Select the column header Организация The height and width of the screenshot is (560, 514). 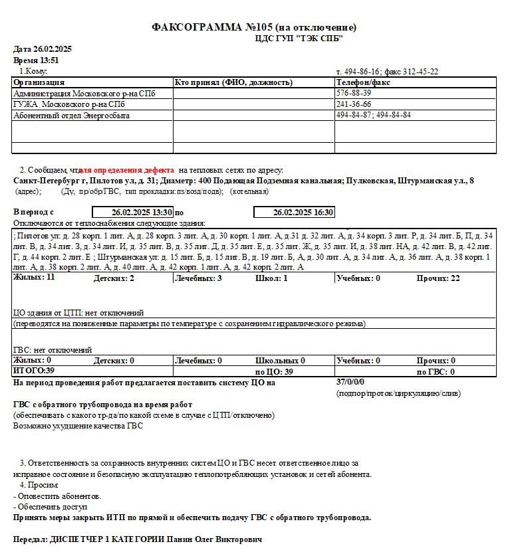point(39,82)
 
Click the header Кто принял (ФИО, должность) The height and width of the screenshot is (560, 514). point(233,82)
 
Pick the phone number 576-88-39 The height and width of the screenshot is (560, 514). point(354,93)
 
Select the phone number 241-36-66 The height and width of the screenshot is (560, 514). point(354,104)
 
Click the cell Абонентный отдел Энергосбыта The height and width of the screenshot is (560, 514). point(72,116)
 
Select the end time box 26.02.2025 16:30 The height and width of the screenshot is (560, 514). point(303,213)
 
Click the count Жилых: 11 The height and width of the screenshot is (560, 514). point(34,278)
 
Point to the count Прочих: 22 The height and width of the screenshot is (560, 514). point(438,278)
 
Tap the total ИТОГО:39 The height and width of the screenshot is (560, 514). point(34,371)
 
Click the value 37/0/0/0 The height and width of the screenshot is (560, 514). point(350,383)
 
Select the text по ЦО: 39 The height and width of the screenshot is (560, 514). point(274,371)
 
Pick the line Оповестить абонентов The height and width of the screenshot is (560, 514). point(59,496)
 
